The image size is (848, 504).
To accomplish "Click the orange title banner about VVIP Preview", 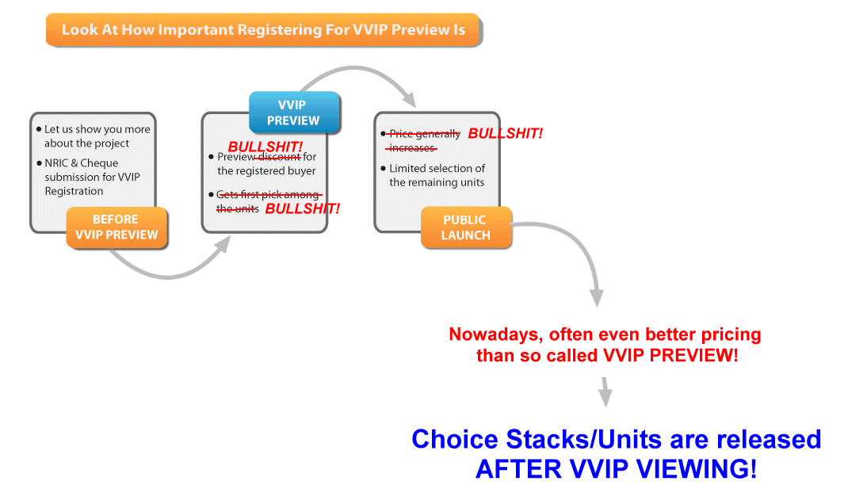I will pos(262,30).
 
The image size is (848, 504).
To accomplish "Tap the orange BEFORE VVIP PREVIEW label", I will pos(117,227).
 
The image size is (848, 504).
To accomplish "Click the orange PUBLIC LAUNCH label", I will pos(465,227).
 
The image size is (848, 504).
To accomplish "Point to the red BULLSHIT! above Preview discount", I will pos(265,147).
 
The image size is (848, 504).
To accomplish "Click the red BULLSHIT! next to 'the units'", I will pos(302,208).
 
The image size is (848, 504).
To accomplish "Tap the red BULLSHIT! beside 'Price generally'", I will pos(506,133).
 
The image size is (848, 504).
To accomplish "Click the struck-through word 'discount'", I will pos(278,157).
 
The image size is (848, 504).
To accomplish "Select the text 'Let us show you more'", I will pos(97,129).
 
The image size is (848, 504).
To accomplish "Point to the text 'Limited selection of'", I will pos(437,168).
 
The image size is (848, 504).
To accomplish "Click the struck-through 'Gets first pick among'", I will pos(268,195).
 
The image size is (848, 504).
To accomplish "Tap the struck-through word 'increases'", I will pos(412,148).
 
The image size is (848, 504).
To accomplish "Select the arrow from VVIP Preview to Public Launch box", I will pos(357,76).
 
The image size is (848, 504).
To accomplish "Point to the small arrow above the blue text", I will pos(605,391).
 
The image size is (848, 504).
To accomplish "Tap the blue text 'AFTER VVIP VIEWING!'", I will pos(616,468).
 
